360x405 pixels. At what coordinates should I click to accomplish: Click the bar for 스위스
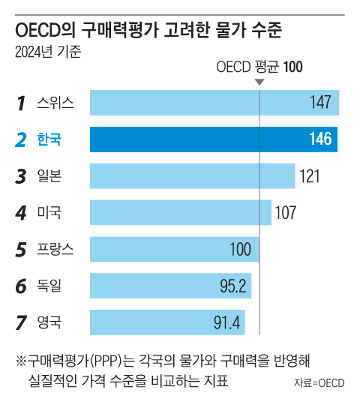coord(214,103)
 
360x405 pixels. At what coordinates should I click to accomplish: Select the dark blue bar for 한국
coord(214,139)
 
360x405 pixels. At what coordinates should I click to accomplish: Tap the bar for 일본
coord(193,176)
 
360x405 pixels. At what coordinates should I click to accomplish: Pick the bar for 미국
coord(181,212)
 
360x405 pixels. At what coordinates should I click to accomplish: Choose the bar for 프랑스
coord(175,249)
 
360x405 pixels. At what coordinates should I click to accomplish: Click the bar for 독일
coord(170,286)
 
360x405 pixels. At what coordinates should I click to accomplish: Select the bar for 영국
coord(167,322)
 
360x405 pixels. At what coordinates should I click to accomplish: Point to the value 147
coord(320,102)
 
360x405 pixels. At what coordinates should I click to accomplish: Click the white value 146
coord(320,139)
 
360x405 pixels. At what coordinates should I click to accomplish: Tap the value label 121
coord(310,176)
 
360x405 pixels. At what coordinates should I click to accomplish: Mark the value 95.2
coord(233,286)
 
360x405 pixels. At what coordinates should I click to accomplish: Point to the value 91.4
coord(226,322)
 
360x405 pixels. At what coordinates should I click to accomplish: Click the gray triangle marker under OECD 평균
coord(259,82)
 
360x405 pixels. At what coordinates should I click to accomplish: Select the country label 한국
coord(49,139)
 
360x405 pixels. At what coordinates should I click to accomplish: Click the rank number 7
coord(21,322)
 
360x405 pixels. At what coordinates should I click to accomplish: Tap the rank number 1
coord(21,103)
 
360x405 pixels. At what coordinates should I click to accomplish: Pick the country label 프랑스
coord(55,249)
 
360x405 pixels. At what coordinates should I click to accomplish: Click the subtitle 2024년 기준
coord(48,52)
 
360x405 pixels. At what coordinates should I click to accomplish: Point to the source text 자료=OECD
coord(319,383)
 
